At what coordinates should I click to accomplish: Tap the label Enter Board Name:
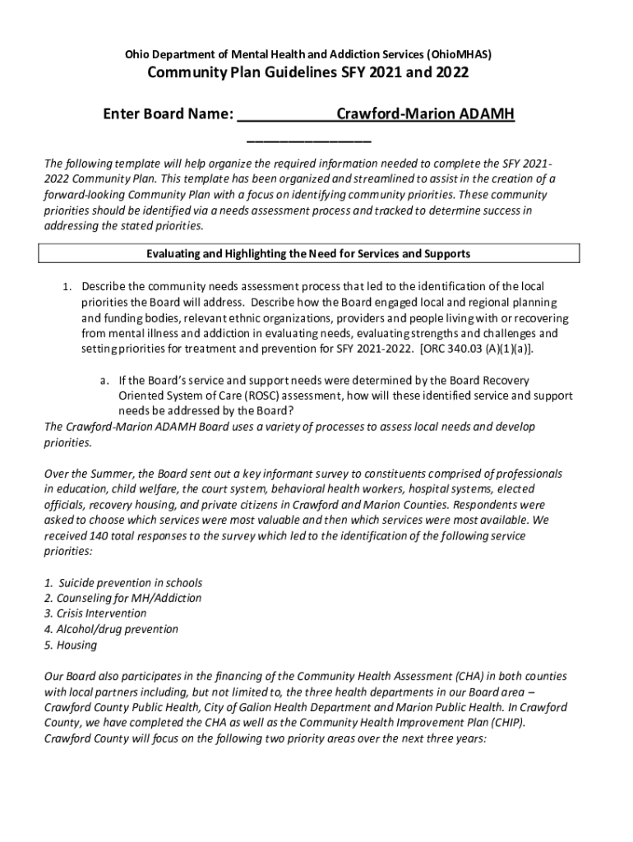[x=168, y=113]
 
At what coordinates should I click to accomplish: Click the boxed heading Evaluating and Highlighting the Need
[x=307, y=254]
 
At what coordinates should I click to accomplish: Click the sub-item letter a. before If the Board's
[x=105, y=381]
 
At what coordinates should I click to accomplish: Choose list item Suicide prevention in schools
[x=130, y=583]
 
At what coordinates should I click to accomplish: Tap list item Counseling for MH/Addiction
[x=128, y=599]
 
